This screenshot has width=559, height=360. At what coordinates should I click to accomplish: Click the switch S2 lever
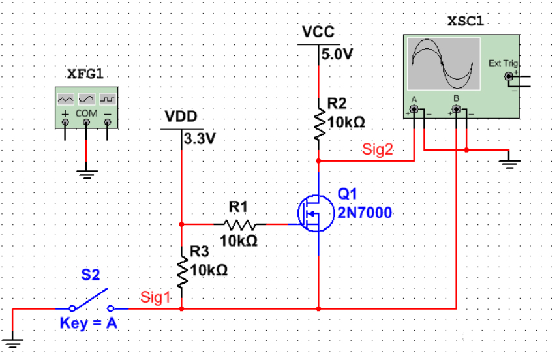pyautogui.click(x=91, y=299)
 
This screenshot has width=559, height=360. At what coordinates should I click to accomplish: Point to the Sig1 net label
pyautogui.click(x=155, y=297)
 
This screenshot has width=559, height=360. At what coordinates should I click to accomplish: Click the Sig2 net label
pyautogui.click(x=378, y=150)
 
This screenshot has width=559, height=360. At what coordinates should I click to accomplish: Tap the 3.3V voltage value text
pyautogui.click(x=200, y=139)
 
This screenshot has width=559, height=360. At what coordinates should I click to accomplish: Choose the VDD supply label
pyautogui.click(x=181, y=117)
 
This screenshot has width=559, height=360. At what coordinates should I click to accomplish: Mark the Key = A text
pyautogui.click(x=88, y=323)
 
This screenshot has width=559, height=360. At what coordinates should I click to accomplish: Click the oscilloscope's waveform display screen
pyautogui.click(x=444, y=63)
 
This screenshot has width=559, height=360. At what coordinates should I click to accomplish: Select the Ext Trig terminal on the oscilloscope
pyautogui.click(x=508, y=77)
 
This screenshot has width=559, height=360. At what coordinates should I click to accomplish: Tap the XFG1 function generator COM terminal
pyautogui.click(x=86, y=122)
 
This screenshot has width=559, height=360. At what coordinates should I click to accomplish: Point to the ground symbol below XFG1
pyautogui.click(x=86, y=172)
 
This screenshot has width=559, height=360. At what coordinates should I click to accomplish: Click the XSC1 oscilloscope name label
pyautogui.click(x=466, y=20)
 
